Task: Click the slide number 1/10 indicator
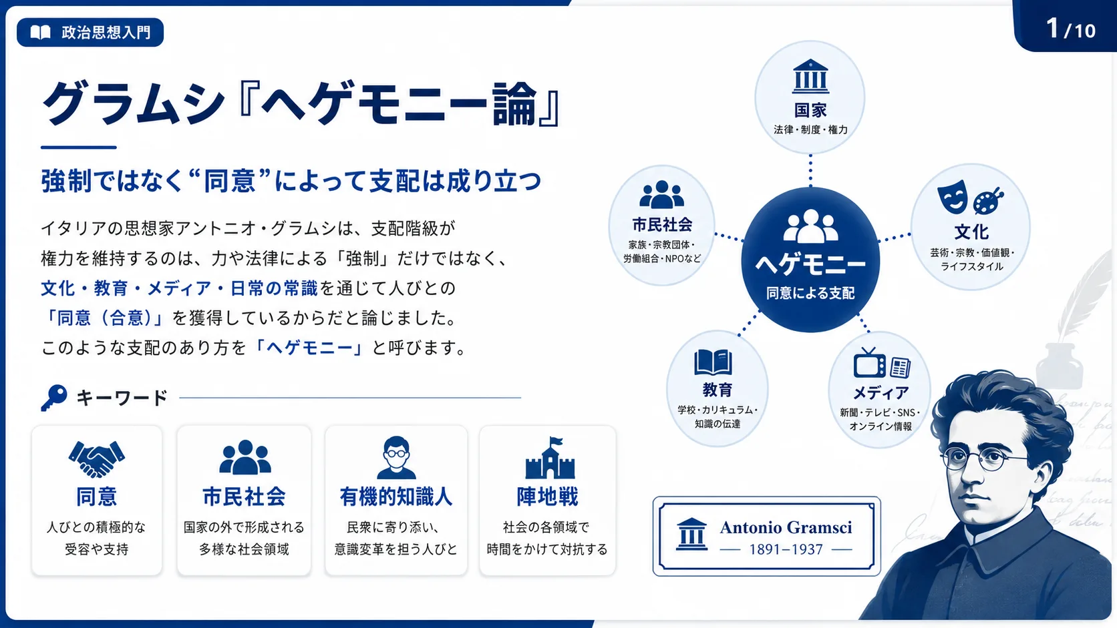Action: (x=1070, y=29)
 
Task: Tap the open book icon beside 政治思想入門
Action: (x=40, y=33)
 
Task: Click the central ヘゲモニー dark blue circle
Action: (x=810, y=260)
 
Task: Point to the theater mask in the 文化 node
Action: (x=953, y=197)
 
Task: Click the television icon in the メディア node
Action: (x=869, y=362)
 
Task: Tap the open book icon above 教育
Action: (x=713, y=362)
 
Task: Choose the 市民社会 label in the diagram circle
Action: (x=662, y=225)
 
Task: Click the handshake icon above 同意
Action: (x=97, y=458)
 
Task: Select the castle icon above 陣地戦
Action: (x=550, y=458)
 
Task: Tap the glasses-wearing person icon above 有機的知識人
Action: (x=396, y=458)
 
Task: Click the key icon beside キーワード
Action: (x=54, y=398)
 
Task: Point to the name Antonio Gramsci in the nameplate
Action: (x=786, y=527)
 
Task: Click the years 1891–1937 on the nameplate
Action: (x=786, y=549)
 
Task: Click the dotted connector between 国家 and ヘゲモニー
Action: (x=810, y=171)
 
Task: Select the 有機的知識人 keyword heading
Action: (x=396, y=497)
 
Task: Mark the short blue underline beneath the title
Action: (x=79, y=147)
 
